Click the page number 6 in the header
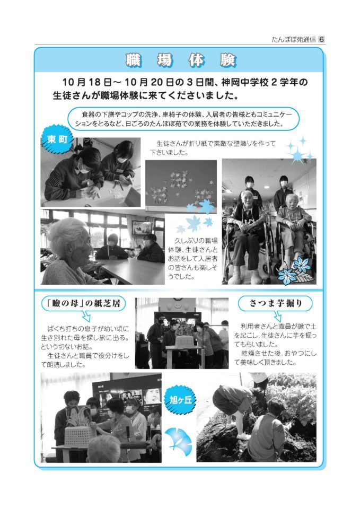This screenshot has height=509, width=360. [x=321, y=39]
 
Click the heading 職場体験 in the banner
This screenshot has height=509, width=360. [x=181, y=60]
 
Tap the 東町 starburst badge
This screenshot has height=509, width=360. [x=57, y=139]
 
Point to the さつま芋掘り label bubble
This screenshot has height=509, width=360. [x=275, y=303]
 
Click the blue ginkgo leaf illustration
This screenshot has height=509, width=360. [x=178, y=442]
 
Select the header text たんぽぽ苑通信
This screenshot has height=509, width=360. [x=293, y=40]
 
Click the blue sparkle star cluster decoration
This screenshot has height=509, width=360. [x=300, y=150]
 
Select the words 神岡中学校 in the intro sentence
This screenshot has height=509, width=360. [x=245, y=82]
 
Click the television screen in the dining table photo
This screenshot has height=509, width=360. [x=142, y=227]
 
